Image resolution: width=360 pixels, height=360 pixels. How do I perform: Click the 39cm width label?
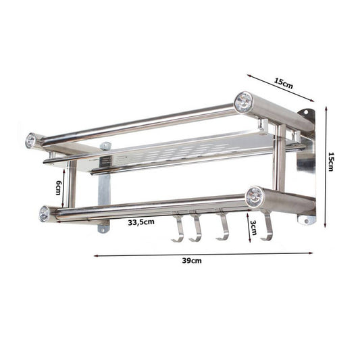(x=192, y=261)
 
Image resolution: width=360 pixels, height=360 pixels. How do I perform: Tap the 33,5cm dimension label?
(x=141, y=222)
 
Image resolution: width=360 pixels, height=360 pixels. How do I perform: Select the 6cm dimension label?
(x=59, y=188)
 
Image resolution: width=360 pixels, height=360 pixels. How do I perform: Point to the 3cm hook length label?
(x=253, y=228)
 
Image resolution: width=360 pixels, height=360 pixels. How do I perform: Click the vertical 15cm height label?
(x=331, y=161)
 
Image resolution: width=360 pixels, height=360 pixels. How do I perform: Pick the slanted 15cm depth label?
(x=284, y=83)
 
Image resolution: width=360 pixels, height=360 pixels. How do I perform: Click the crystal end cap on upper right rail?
(x=243, y=102)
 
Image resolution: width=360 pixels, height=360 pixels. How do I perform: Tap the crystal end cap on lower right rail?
(x=255, y=197)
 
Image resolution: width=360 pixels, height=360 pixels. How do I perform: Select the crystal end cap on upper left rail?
(x=30, y=140)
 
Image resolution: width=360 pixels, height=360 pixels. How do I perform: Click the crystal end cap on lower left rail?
(x=45, y=213)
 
